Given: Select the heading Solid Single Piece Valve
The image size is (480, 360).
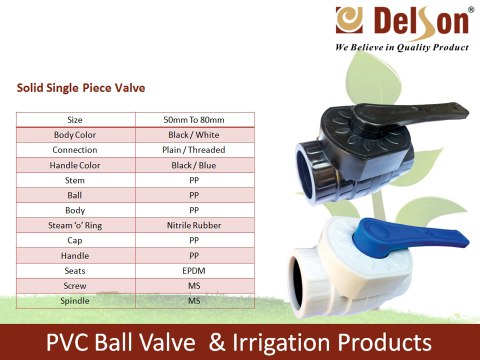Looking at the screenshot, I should tap(81, 88).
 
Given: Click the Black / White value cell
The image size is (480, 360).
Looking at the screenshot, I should tap(194, 134).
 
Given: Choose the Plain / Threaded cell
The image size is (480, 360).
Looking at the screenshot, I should tap(194, 149).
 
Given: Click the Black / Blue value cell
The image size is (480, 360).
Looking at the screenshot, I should tap(194, 164).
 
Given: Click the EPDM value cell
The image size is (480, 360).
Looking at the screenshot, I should tap(194, 269).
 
